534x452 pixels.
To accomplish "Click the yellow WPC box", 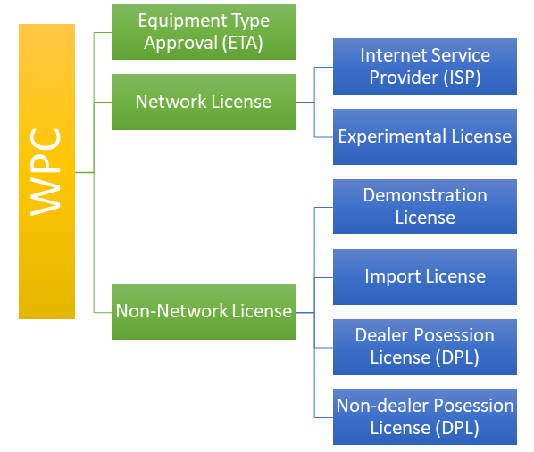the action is click(x=46, y=171).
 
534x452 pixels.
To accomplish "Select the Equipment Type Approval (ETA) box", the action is click(x=204, y=31).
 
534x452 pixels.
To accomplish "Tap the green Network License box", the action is click(x=204, y=102).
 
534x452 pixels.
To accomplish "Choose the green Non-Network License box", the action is click(x=204, y=311).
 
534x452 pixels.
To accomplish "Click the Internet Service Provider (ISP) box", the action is click(x=425, y=66).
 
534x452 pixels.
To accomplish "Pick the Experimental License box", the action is click(x=425, y=136).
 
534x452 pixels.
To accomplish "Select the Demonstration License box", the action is click(x=425, y=207).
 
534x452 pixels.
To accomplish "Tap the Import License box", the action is click(x=425, y=276).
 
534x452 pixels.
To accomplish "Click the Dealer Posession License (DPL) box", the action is click(x=425, y=347).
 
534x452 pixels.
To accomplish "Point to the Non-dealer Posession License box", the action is click(x=425, y=416).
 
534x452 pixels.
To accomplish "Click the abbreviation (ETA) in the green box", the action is click(x=243, y=43).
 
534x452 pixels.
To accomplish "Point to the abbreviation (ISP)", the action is click(x=463, y=78).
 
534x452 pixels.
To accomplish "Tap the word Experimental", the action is click(x=392, y=137).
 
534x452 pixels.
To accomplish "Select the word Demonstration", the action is click(x=425, y=195).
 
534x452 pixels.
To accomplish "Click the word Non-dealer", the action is click(x=382, y=406).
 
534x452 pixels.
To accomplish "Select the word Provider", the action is click(x=404, y=78).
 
